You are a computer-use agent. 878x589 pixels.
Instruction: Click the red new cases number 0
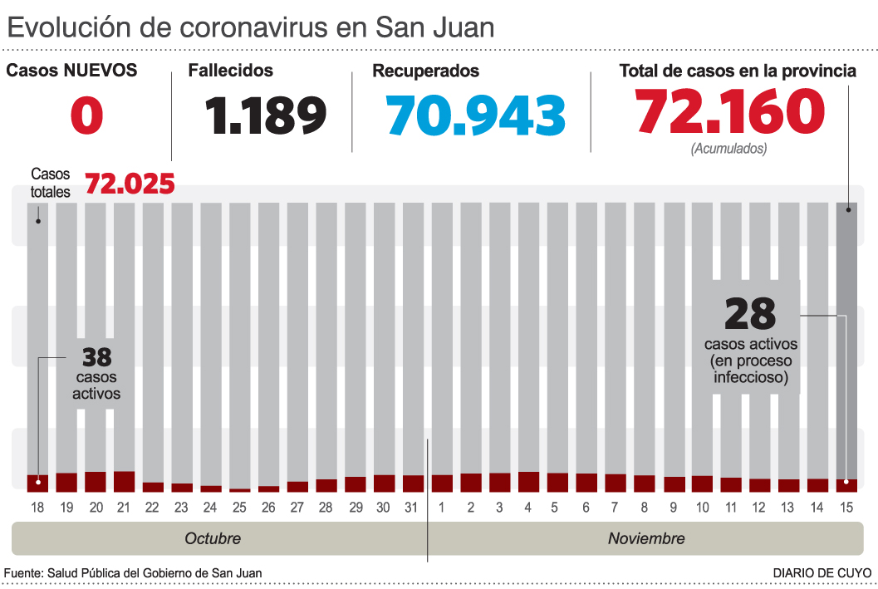point(86,115)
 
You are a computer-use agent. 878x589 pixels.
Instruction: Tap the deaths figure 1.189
point(267,115)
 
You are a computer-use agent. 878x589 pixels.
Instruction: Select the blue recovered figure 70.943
point(476,115)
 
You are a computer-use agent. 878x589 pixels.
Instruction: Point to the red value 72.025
point(130,183)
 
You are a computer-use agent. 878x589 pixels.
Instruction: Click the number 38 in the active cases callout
point(96,357)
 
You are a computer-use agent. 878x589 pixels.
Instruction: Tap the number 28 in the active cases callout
point(750,314)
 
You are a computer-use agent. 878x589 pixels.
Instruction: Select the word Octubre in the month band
point(213,538)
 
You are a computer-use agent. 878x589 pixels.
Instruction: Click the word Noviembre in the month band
point(646,538)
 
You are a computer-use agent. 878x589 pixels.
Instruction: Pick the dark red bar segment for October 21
point(125,481)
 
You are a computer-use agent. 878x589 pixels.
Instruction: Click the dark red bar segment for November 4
point(528,481)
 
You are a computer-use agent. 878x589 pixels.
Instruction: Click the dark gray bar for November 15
point(846,332)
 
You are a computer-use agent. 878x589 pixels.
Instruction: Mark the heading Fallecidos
point(230,71)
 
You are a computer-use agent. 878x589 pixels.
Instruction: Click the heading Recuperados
point(425,71)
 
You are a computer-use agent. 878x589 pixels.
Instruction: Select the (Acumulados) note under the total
point(728,149)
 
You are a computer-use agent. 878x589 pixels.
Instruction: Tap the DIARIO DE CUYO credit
point(822,573)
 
